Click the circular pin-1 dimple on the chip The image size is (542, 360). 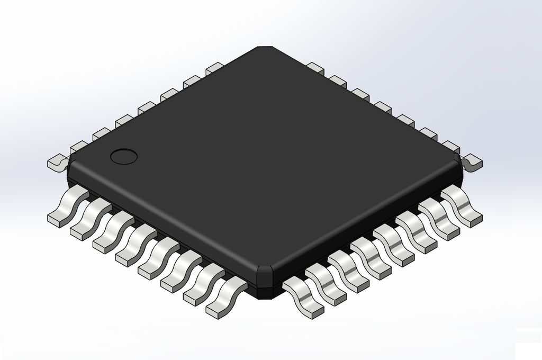click(x=123, y=156)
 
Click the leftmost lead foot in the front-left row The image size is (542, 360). click(x=58, y=217)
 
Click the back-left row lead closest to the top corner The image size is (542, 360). click(x=215, y=67)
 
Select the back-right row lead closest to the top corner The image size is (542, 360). click(x=315, y=67)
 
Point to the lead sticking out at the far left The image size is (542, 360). click(x=56, y=162)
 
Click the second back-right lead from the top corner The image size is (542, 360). click(x=338, y=81)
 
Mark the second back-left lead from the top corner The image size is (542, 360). click(x=192, y=81)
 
